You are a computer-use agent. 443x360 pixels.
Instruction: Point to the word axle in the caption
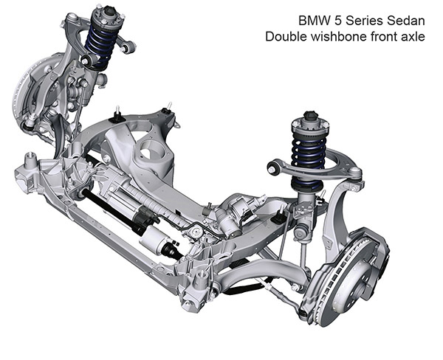tap(413, 36)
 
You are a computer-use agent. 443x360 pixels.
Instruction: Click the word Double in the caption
tap(286, 36)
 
